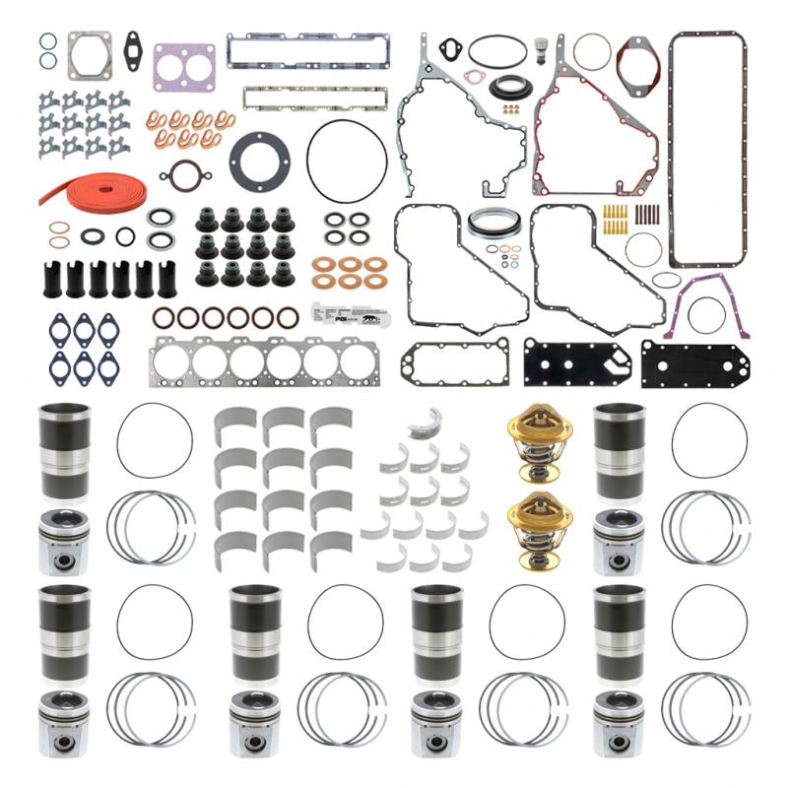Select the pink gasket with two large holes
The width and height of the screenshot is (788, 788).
point(184,66)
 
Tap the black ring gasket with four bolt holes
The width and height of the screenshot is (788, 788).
point(258,162)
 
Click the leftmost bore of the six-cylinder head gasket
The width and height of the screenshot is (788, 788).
point(175,361)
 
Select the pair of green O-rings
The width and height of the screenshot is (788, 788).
point(47,50)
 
